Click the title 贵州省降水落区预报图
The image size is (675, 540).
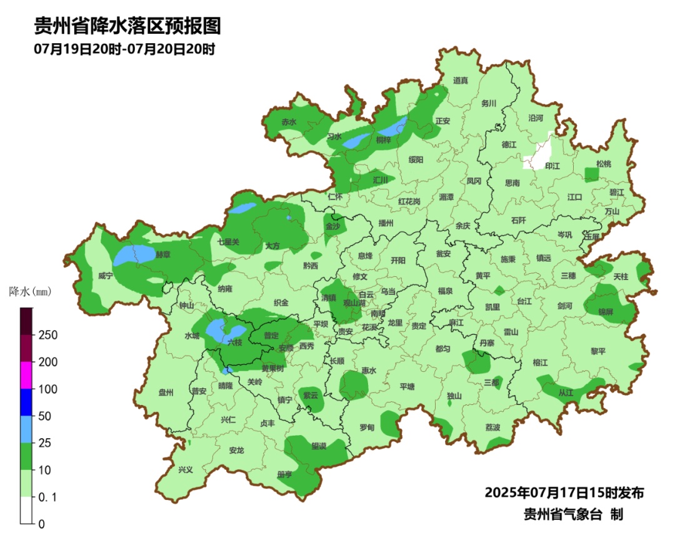click(127, 26)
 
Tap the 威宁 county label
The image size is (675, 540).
click(106, 276)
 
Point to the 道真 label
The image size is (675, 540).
click(461, 80)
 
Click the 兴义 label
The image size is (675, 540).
click(186, 469)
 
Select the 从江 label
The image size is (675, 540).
click(566, 393)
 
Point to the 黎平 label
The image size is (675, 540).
click(598, 351)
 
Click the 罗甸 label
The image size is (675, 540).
click(367, 427)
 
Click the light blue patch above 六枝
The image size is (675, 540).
click(217, 330)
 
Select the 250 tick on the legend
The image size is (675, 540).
click(49, 335)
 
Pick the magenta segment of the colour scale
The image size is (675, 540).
click(26, 375)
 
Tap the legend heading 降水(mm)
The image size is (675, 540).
click(29, 291)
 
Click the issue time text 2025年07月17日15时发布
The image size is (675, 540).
click(564, 492)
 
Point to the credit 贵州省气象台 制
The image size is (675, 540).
click(573, 514)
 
